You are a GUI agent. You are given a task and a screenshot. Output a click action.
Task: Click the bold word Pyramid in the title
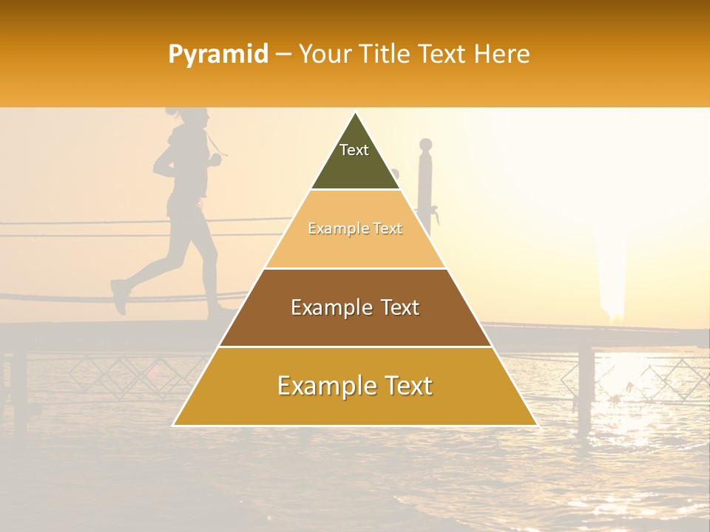point(218,55)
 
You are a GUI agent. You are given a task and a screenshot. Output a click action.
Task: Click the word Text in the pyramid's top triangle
point(354,150)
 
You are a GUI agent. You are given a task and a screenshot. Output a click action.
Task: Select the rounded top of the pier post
point(425,144)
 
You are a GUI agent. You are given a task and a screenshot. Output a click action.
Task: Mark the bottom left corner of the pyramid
point(174,425)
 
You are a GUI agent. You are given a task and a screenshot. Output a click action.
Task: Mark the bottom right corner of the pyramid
point(537,425)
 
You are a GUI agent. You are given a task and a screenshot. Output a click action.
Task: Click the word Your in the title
point(322,55)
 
